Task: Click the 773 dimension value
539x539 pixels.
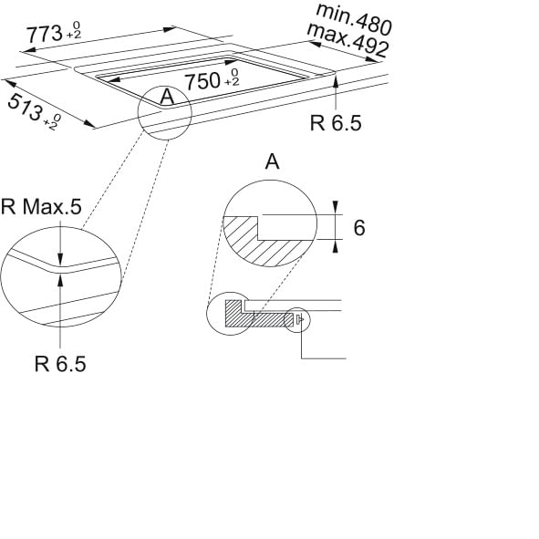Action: [45, 34]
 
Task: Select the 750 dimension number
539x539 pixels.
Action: [202, 81]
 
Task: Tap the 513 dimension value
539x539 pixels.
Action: [25, 108]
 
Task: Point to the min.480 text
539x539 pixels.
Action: [354, 18]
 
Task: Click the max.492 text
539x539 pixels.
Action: [347, 40]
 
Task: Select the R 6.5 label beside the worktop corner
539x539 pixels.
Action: [336, 123]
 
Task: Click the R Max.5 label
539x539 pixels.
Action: [41, 207]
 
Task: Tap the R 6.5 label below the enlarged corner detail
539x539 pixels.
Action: [60, 364]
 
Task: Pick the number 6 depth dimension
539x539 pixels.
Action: [359, 228]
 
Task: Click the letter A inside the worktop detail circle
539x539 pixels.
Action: [168, 97]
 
